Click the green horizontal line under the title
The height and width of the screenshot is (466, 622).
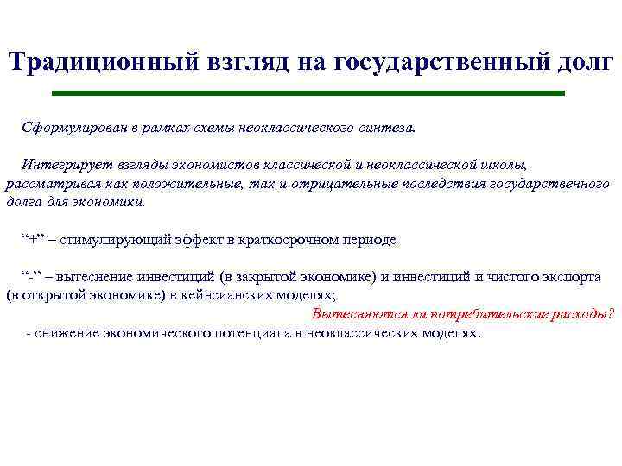pyautogui.click(x=308, y=92)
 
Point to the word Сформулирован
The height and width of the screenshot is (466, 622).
pyautogui.click(x=70, y=128)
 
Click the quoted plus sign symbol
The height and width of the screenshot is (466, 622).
pyautogui.click(x=35, y=240)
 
